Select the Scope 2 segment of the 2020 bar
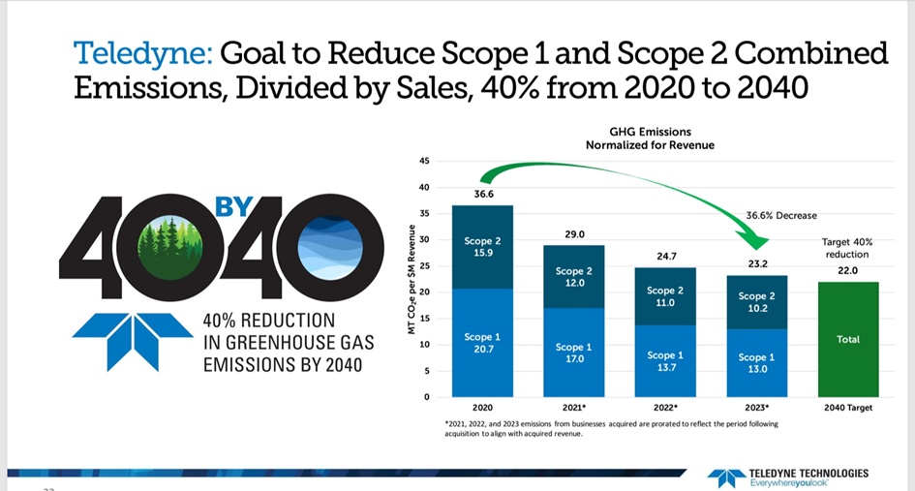click(482, 247)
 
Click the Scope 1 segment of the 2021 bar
click(572, 352)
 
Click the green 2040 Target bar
click(847, 339)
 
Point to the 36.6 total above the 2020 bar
click(483, 195)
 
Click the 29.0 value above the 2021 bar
click(572, 234)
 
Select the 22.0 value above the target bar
click(847, 271)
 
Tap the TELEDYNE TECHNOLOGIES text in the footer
click(809, 473)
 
